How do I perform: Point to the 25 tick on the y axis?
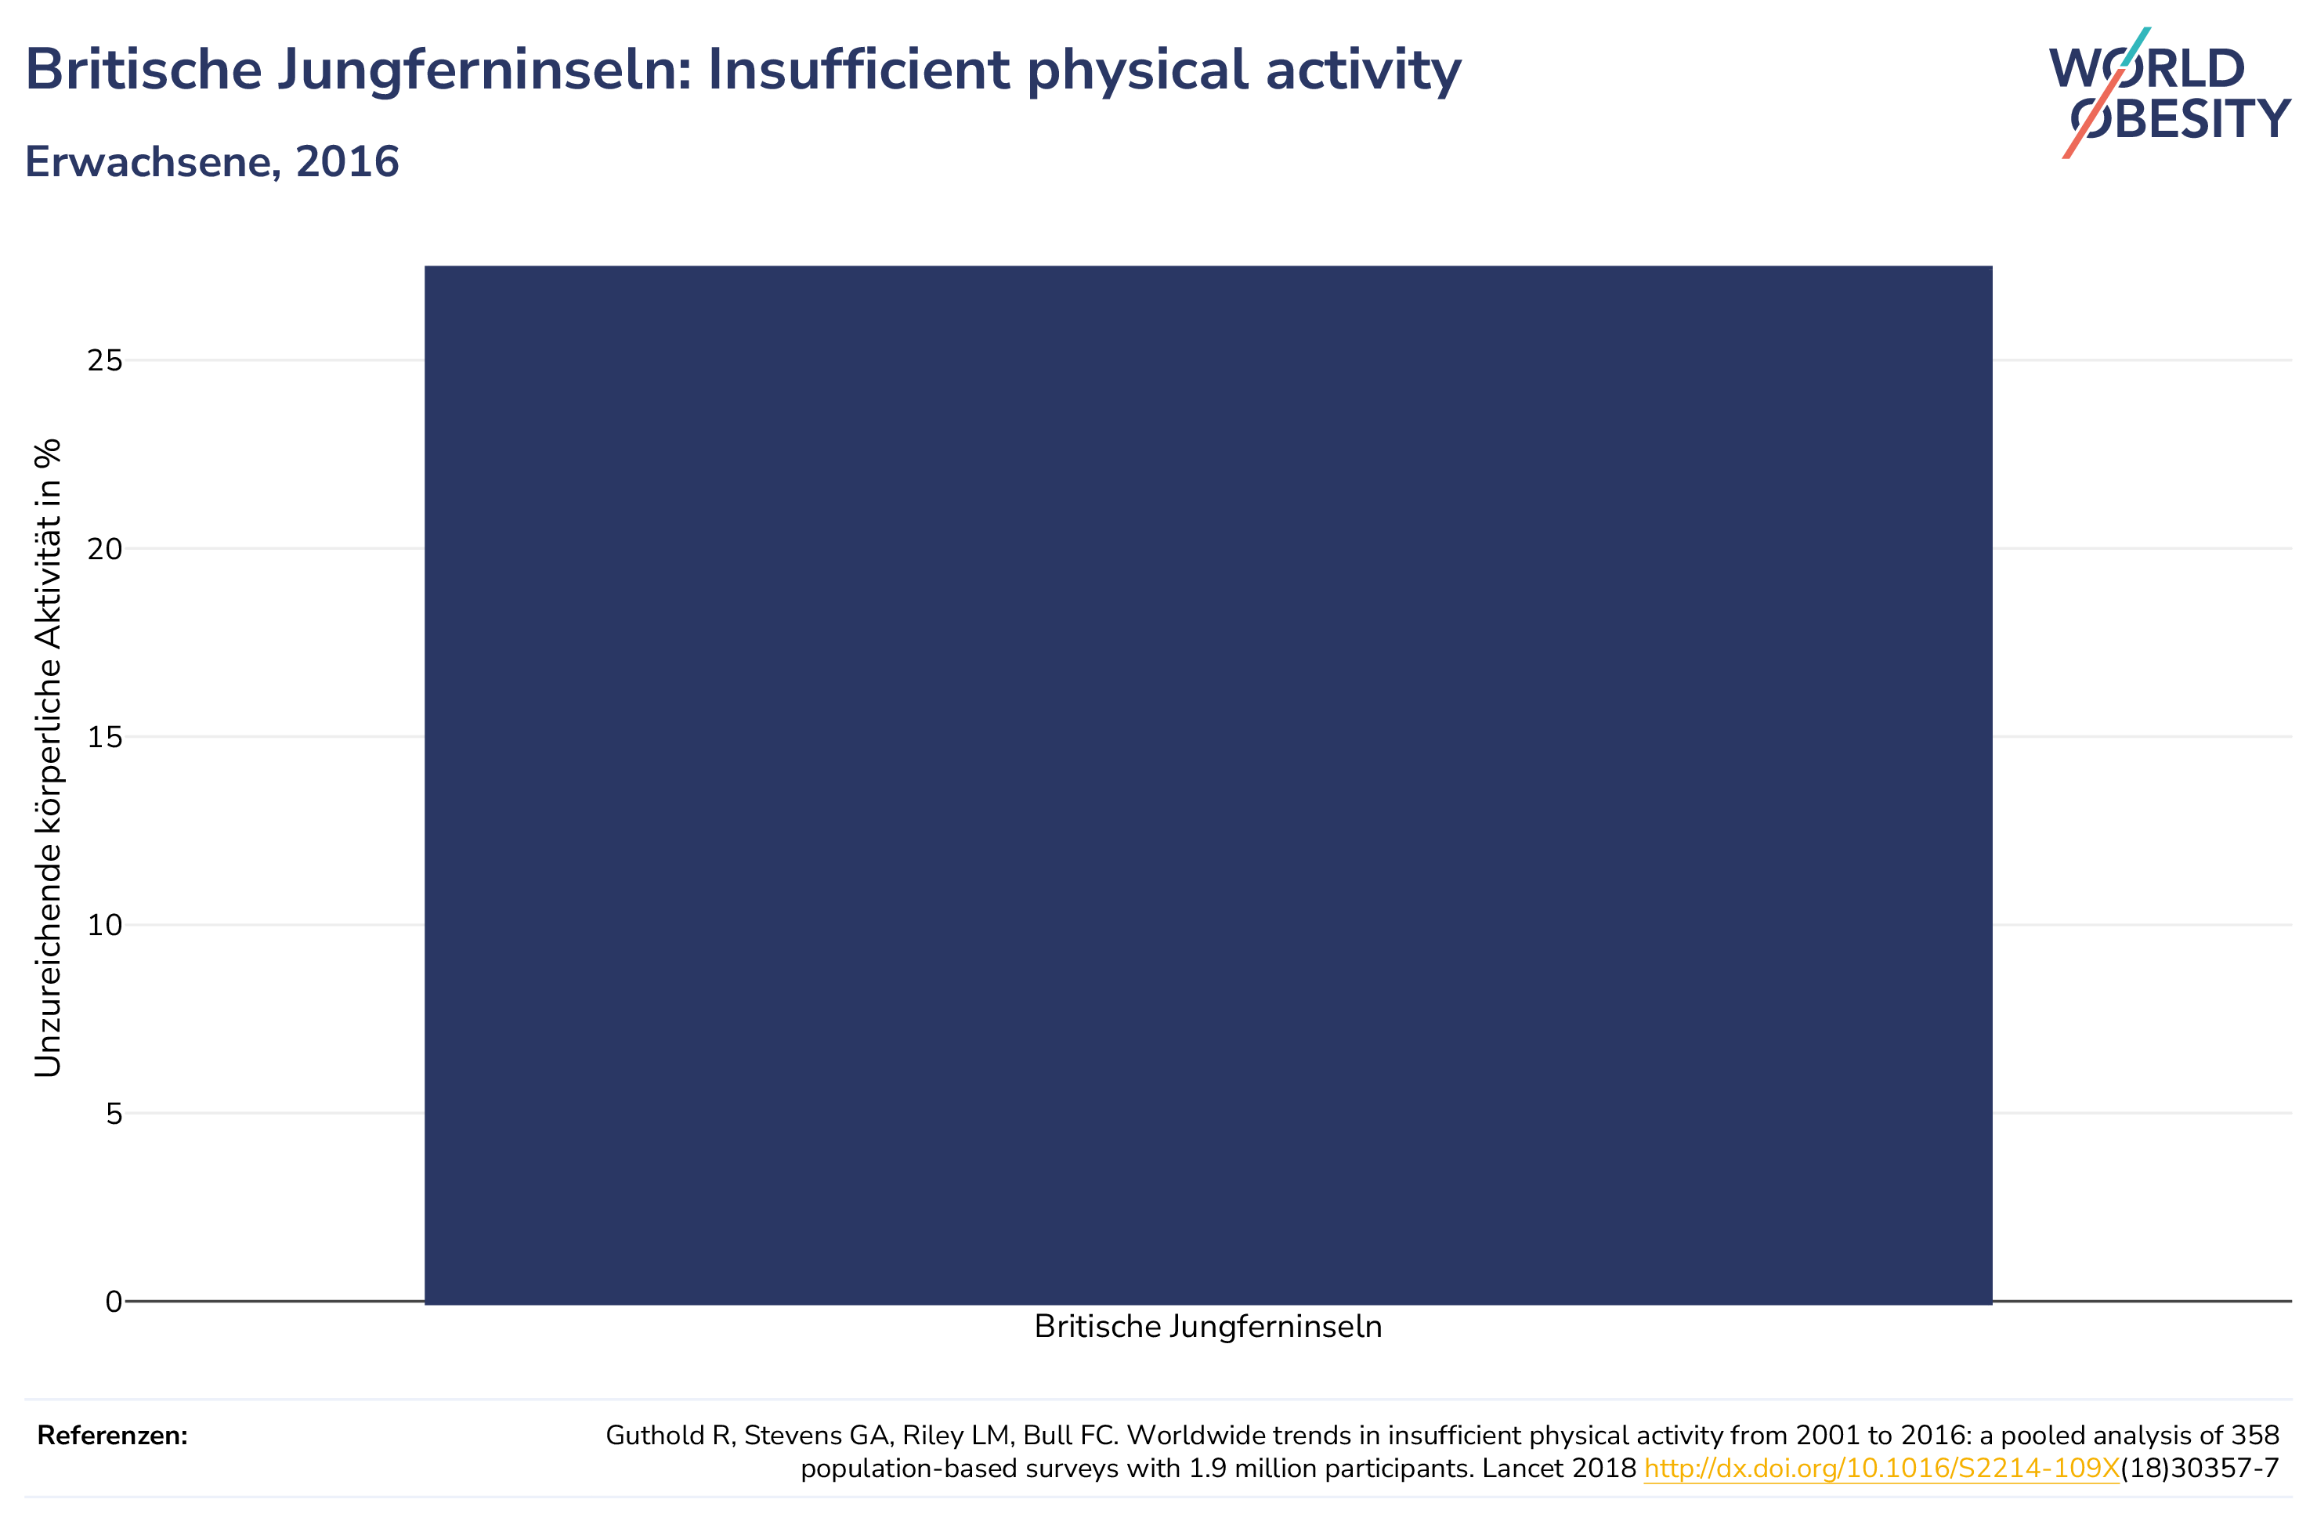coord(105,360)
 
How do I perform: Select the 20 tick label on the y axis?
coord(105,549)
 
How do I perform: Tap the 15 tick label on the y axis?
coord(105,737)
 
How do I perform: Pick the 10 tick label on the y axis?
coord(105,925)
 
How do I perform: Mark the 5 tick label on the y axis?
coord(115,1113)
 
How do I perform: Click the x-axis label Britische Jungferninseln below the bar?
coord(1208,1327)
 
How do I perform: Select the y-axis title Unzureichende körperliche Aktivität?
coord(47,757)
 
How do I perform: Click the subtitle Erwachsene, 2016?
coord(212,162)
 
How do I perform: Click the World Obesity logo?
coord(2170,92)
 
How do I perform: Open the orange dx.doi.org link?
coord(1881,1469)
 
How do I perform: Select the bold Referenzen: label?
coord(112,1436)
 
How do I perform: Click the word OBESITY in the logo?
coord(2181,119)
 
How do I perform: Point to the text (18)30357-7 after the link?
coord(2200,1469)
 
